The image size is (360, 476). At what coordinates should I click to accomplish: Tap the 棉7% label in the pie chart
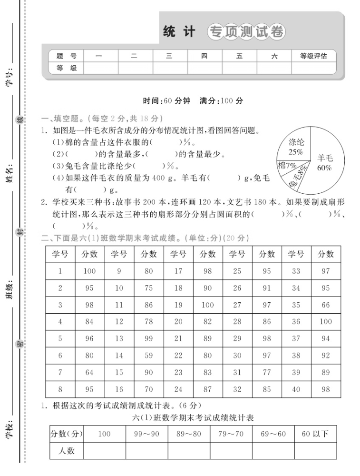[x=287, y=165]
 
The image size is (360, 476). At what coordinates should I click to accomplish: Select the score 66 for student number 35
[x=326, y=305]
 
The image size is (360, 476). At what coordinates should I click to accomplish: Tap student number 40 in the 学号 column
[x=296, y=389]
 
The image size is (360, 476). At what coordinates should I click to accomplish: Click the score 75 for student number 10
[x=148, y=288]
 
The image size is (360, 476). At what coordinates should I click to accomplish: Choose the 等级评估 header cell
[x=313, y=56]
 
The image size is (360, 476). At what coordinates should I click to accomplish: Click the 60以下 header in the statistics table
[x=315, y=434]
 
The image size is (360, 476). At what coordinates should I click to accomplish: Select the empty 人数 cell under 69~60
[x=273, y=450]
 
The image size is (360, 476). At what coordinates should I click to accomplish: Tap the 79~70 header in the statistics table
[x=231, y=434]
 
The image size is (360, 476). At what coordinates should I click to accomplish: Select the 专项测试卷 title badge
[x=246, y=32]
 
